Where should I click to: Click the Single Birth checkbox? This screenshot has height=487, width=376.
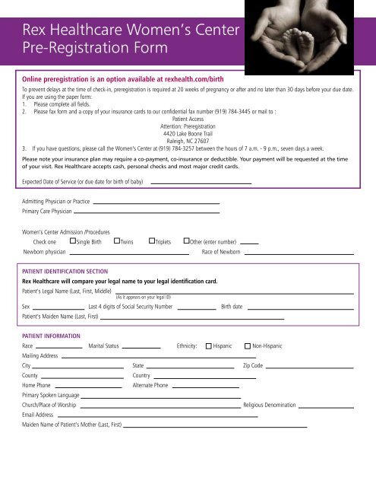point(72,241)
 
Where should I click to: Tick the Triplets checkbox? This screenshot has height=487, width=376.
point(151,241)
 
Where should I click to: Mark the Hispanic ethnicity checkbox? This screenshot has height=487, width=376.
point(209,346)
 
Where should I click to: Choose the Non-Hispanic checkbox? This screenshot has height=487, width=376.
point(248,346)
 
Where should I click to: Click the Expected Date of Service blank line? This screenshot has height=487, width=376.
point(201,183)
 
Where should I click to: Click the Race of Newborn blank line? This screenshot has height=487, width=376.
point(299,253)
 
